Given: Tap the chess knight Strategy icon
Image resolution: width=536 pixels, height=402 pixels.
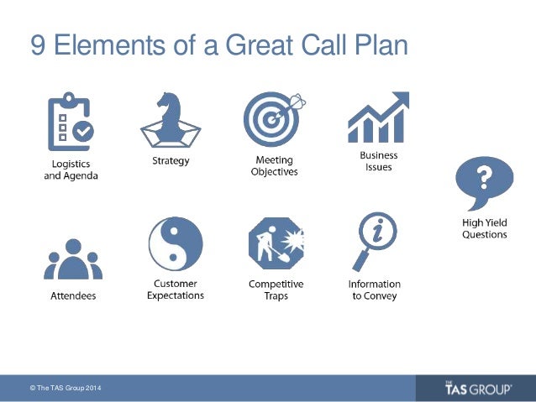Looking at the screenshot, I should coord(171,120).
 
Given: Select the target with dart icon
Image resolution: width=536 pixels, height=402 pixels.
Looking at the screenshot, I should coord(272,118).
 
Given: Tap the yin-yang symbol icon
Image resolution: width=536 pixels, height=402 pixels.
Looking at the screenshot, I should coord(175,244).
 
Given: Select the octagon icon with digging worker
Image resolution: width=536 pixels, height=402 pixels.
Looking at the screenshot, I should coord(276,244).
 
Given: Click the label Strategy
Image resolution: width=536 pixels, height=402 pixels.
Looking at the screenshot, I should coord(171,160).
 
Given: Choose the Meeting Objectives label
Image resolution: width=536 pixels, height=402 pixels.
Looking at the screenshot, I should coord(275,166).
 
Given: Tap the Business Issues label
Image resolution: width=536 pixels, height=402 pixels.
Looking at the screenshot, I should coord(378,161).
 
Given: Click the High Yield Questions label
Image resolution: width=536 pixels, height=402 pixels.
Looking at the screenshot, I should coord(485,228).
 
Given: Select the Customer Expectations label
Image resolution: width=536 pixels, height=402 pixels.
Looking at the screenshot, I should coord(175,290).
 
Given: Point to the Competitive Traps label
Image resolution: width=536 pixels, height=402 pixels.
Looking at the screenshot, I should coord(276,290).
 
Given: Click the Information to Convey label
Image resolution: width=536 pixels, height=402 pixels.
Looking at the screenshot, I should coord(374,290).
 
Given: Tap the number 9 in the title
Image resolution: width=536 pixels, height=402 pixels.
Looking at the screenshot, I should coord(38,45).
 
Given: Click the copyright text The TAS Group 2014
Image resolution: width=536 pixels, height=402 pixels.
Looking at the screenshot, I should coord(67,389).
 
